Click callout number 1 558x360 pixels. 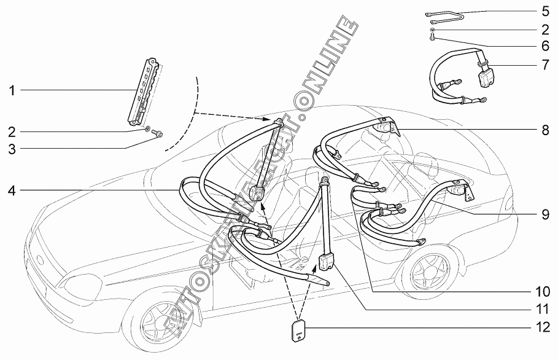pyautogui.click(x=11, y=91)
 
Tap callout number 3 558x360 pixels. pyautogui.click(x=11, y=147)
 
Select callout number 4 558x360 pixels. pyautogui.click(x=11, y=190)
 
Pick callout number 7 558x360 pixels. pyautogui.click(x=545, y=64)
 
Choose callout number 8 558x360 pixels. pyautogui.click(x=545, y=130)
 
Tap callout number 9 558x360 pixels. pyautogui.click(x=545, y=214)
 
